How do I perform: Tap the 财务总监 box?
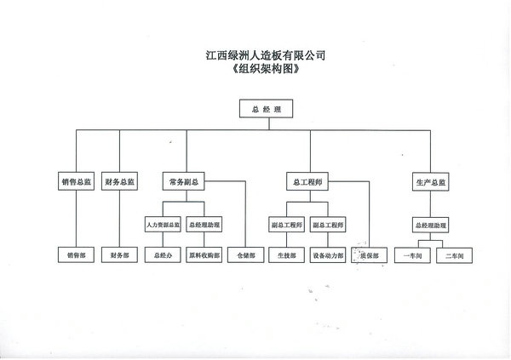[x=120, y=182]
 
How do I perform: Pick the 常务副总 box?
[x=187, y=182]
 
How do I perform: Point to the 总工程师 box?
[x=307, y=182]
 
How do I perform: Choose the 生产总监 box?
[x=430, y=182]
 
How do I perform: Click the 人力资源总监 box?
[x=162, y=225]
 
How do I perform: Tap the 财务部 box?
[x=120, y=254]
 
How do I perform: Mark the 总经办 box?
[x=162, y=254]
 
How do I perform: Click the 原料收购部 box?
[x=204, y=254]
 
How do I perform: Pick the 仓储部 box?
[x=247, y=254]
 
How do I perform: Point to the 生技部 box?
[x=287, y=254]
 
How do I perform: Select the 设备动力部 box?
[x=328, y=254]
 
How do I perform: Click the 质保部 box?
[x=369, y=254]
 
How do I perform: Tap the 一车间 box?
[x=411, y=254]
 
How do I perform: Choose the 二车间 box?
[x=452, y=254]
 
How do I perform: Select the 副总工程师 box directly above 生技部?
[x=287, y=225]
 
